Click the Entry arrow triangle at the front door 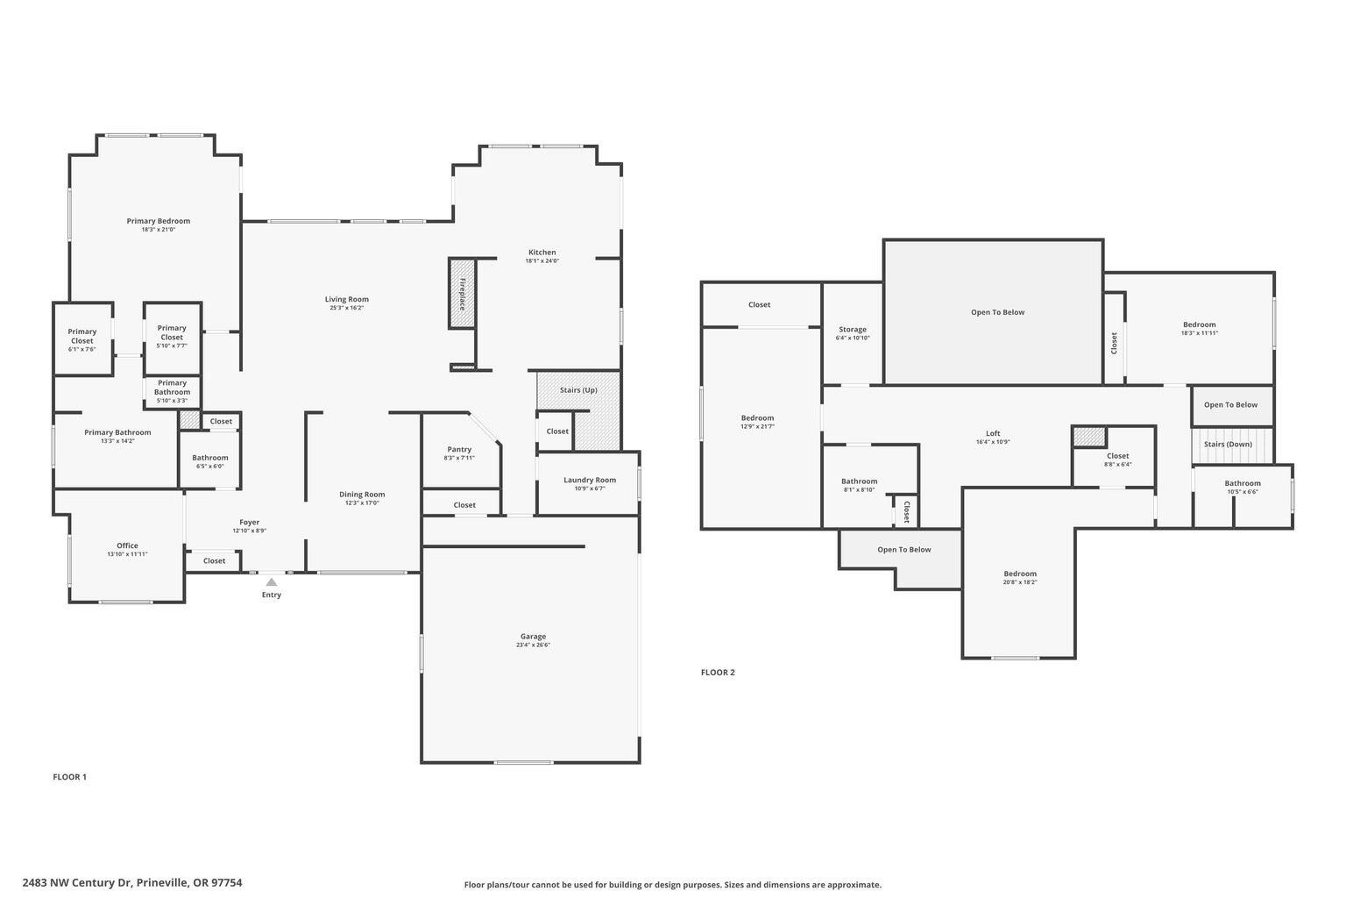pyautogui.click(x=272, y=581)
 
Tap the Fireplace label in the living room pyautogui.click(x=462, y=294)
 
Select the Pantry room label pyautogui.click(x=459, y=449)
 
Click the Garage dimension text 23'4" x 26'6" pyautogui.click(x=533, y=645)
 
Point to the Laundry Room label pyautogui.click(x=589, y=480)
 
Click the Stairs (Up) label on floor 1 pyautogui.click(x=578, y=389)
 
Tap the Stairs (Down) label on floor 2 pyautogui.click(x=1228, y=444)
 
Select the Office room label pyautogui.click(x=127, y=545)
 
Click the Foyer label pyautogui.click(x=249, y=522)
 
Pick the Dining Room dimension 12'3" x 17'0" pyautogui.click(x=362, y=503)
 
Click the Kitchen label pyautogui.click(x=542, y=252)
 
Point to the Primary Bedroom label pyautogui.click(x=158, y=221)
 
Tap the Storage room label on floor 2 pyautogui.click(x=852, y=329)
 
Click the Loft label pyautogui.click(x=993, y=433)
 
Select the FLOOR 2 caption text pyautogui.click(x=718, y=673)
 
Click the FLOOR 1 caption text pyautogui.click(x=69, y=777)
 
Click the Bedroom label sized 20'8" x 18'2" pyautogui.click(x=1020, y=574)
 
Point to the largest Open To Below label pyautogui.click(x=997, y=312)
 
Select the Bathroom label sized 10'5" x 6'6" pyautogui.click(x=1243, y=483)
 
